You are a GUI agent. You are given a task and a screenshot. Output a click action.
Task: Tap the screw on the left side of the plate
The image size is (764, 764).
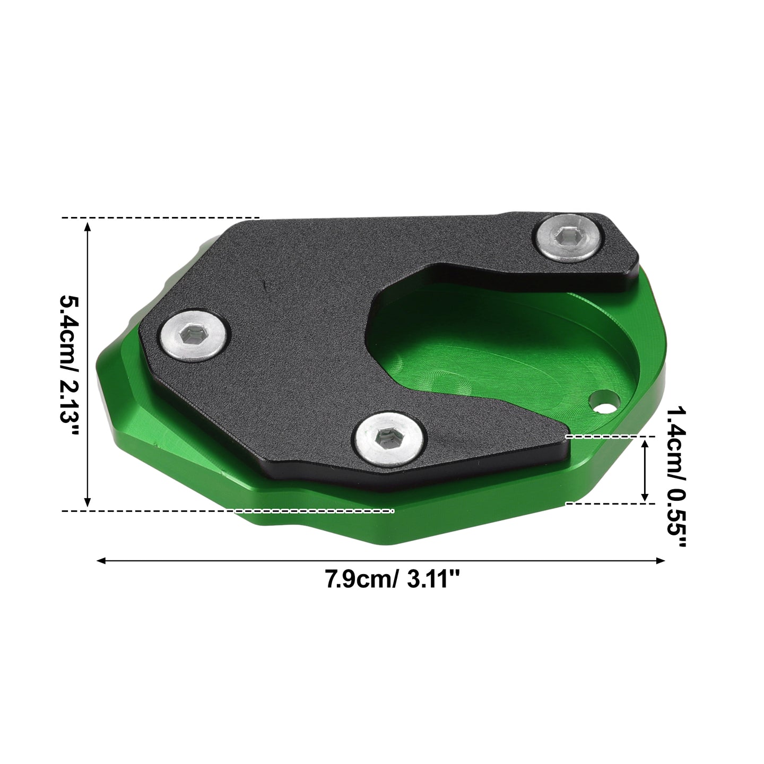pos(195,336)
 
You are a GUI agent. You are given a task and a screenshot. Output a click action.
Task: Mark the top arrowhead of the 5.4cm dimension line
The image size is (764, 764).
pos(88,227)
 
